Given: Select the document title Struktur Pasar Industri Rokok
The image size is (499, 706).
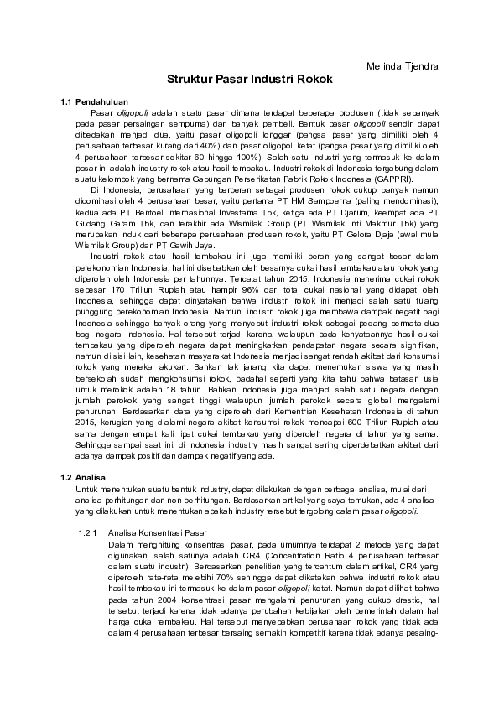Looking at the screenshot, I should click(x=249, y=80).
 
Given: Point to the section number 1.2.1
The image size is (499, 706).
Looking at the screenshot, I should click(x=88, y=532).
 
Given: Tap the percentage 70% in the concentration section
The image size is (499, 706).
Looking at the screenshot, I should click(x=221, y=586).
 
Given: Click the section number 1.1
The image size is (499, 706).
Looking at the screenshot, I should click(x=68, y=101).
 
